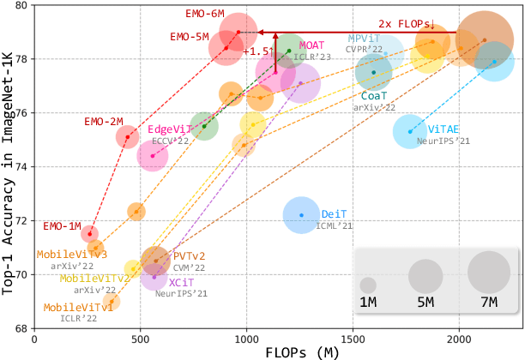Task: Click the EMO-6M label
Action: pyautogui.click(x=205, y=14)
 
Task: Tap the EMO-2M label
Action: pyautogui.click(x=104, y=121)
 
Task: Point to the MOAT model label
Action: pyautogui.click(x=311, y=44)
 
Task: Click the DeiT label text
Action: pyautogui.click(x=333, y=214)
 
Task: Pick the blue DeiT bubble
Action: pyautogui.click(x=301, y=214)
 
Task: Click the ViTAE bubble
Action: pyautogui.click(x=410, y=131)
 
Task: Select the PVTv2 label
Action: pyautogui.click(x=190, y=256)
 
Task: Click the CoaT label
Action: pyautogui.click(x=373, y=96)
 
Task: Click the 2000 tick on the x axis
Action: pyautogui.click(x=459, y=339)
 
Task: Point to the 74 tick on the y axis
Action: pyautogui.click(x=21, y=166)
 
